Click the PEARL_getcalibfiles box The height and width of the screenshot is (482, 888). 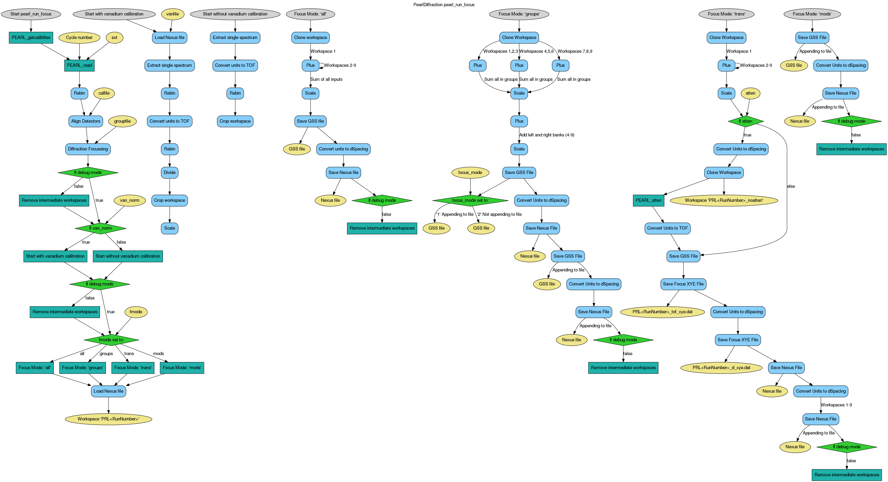(x=31, y=38)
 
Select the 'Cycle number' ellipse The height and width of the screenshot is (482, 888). (x=79, y=38)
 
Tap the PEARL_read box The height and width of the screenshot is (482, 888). (x=79, y=65)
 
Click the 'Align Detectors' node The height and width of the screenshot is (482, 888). (x=85, y=121)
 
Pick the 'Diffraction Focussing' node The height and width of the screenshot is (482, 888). (x=88, y=149)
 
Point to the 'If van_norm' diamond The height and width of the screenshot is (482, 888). (x=100, y=228)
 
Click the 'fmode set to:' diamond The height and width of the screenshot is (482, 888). (x=111, y=340)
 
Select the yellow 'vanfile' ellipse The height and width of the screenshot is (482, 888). (x=172, y=14)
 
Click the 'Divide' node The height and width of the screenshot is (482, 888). (x=170, y=173)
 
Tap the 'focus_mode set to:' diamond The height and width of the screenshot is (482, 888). (x=470, y=200)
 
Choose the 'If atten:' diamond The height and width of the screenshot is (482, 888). (x=746, y=121)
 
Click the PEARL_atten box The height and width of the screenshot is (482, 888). (x=648, y=200)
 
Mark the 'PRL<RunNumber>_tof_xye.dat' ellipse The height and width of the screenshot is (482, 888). (x=662, y=312)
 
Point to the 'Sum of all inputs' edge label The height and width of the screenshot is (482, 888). (x=326, y=79)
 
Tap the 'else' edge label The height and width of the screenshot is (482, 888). (x=791, y=186)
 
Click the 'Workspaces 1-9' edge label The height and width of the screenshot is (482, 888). (x=836, y=405)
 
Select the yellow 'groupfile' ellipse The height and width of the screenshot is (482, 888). (x=122, y=121)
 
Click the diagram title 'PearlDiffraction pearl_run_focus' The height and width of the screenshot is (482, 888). (x=444, y=5)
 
